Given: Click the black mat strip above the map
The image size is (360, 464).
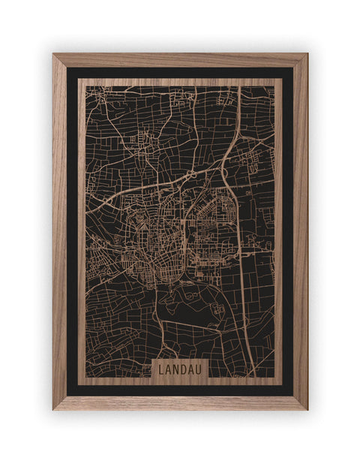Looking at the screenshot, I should point(180,73).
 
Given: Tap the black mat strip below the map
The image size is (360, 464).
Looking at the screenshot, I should point(180,390).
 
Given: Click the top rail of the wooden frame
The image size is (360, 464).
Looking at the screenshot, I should point(180,60).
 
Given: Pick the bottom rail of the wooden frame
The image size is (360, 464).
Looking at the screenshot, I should point(180,403).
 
